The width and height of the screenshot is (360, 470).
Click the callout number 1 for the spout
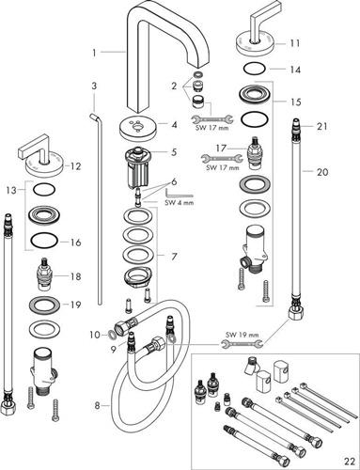coord(94,53)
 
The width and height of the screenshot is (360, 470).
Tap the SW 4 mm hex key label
coord(180,202)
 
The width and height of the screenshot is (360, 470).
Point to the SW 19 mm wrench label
coord(242,335)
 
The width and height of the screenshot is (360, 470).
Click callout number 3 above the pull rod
coord(94,86)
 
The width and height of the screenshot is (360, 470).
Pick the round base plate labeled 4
coord(138,129)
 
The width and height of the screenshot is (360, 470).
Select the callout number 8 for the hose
coord(97,406)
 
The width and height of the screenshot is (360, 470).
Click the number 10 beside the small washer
coord(95,335)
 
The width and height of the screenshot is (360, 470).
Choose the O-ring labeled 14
coord(255,69)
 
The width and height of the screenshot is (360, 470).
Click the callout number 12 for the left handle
coord(75,166)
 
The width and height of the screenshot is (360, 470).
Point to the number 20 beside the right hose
coord(321,172)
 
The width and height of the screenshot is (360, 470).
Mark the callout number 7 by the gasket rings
coord(174,257)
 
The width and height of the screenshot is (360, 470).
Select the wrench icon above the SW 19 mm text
coord(241,344)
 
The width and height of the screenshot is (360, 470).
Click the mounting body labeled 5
coord(138,167)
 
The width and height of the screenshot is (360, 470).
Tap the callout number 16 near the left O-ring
coord(75,243)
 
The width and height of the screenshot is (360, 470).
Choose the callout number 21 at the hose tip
coord(322,127)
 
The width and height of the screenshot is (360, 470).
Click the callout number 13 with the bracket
coord(11,190)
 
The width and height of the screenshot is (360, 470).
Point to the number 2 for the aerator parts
coord(174,86)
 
